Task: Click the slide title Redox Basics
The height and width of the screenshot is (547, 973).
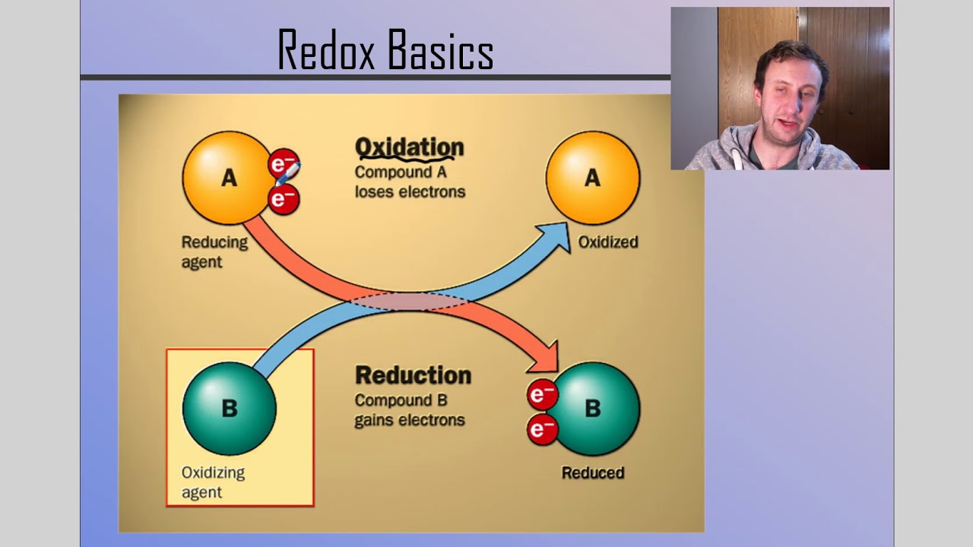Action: (385, 50)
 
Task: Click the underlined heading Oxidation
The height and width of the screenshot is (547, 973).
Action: (409, 147)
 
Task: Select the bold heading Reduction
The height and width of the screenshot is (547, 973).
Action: (413, 375)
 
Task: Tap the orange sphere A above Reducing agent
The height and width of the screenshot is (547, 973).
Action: (227, 178)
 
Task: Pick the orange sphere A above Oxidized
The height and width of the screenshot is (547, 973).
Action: (592, 178)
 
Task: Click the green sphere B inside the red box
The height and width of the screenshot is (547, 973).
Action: (229, 408)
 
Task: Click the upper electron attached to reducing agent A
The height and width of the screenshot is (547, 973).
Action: (283, 163)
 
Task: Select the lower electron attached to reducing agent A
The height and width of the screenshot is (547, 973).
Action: (284, 200)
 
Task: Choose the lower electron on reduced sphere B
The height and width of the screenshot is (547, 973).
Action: (542, 430)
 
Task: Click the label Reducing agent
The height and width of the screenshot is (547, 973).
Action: (214, 252)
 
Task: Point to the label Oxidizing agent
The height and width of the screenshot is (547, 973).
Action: (212, 482)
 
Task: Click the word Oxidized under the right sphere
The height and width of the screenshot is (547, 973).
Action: (607, 242)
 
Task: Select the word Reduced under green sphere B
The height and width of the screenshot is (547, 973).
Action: (592, 473)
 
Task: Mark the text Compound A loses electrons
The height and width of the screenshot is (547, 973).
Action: (409, 182)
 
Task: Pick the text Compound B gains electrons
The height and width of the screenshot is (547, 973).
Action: (409, 410)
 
